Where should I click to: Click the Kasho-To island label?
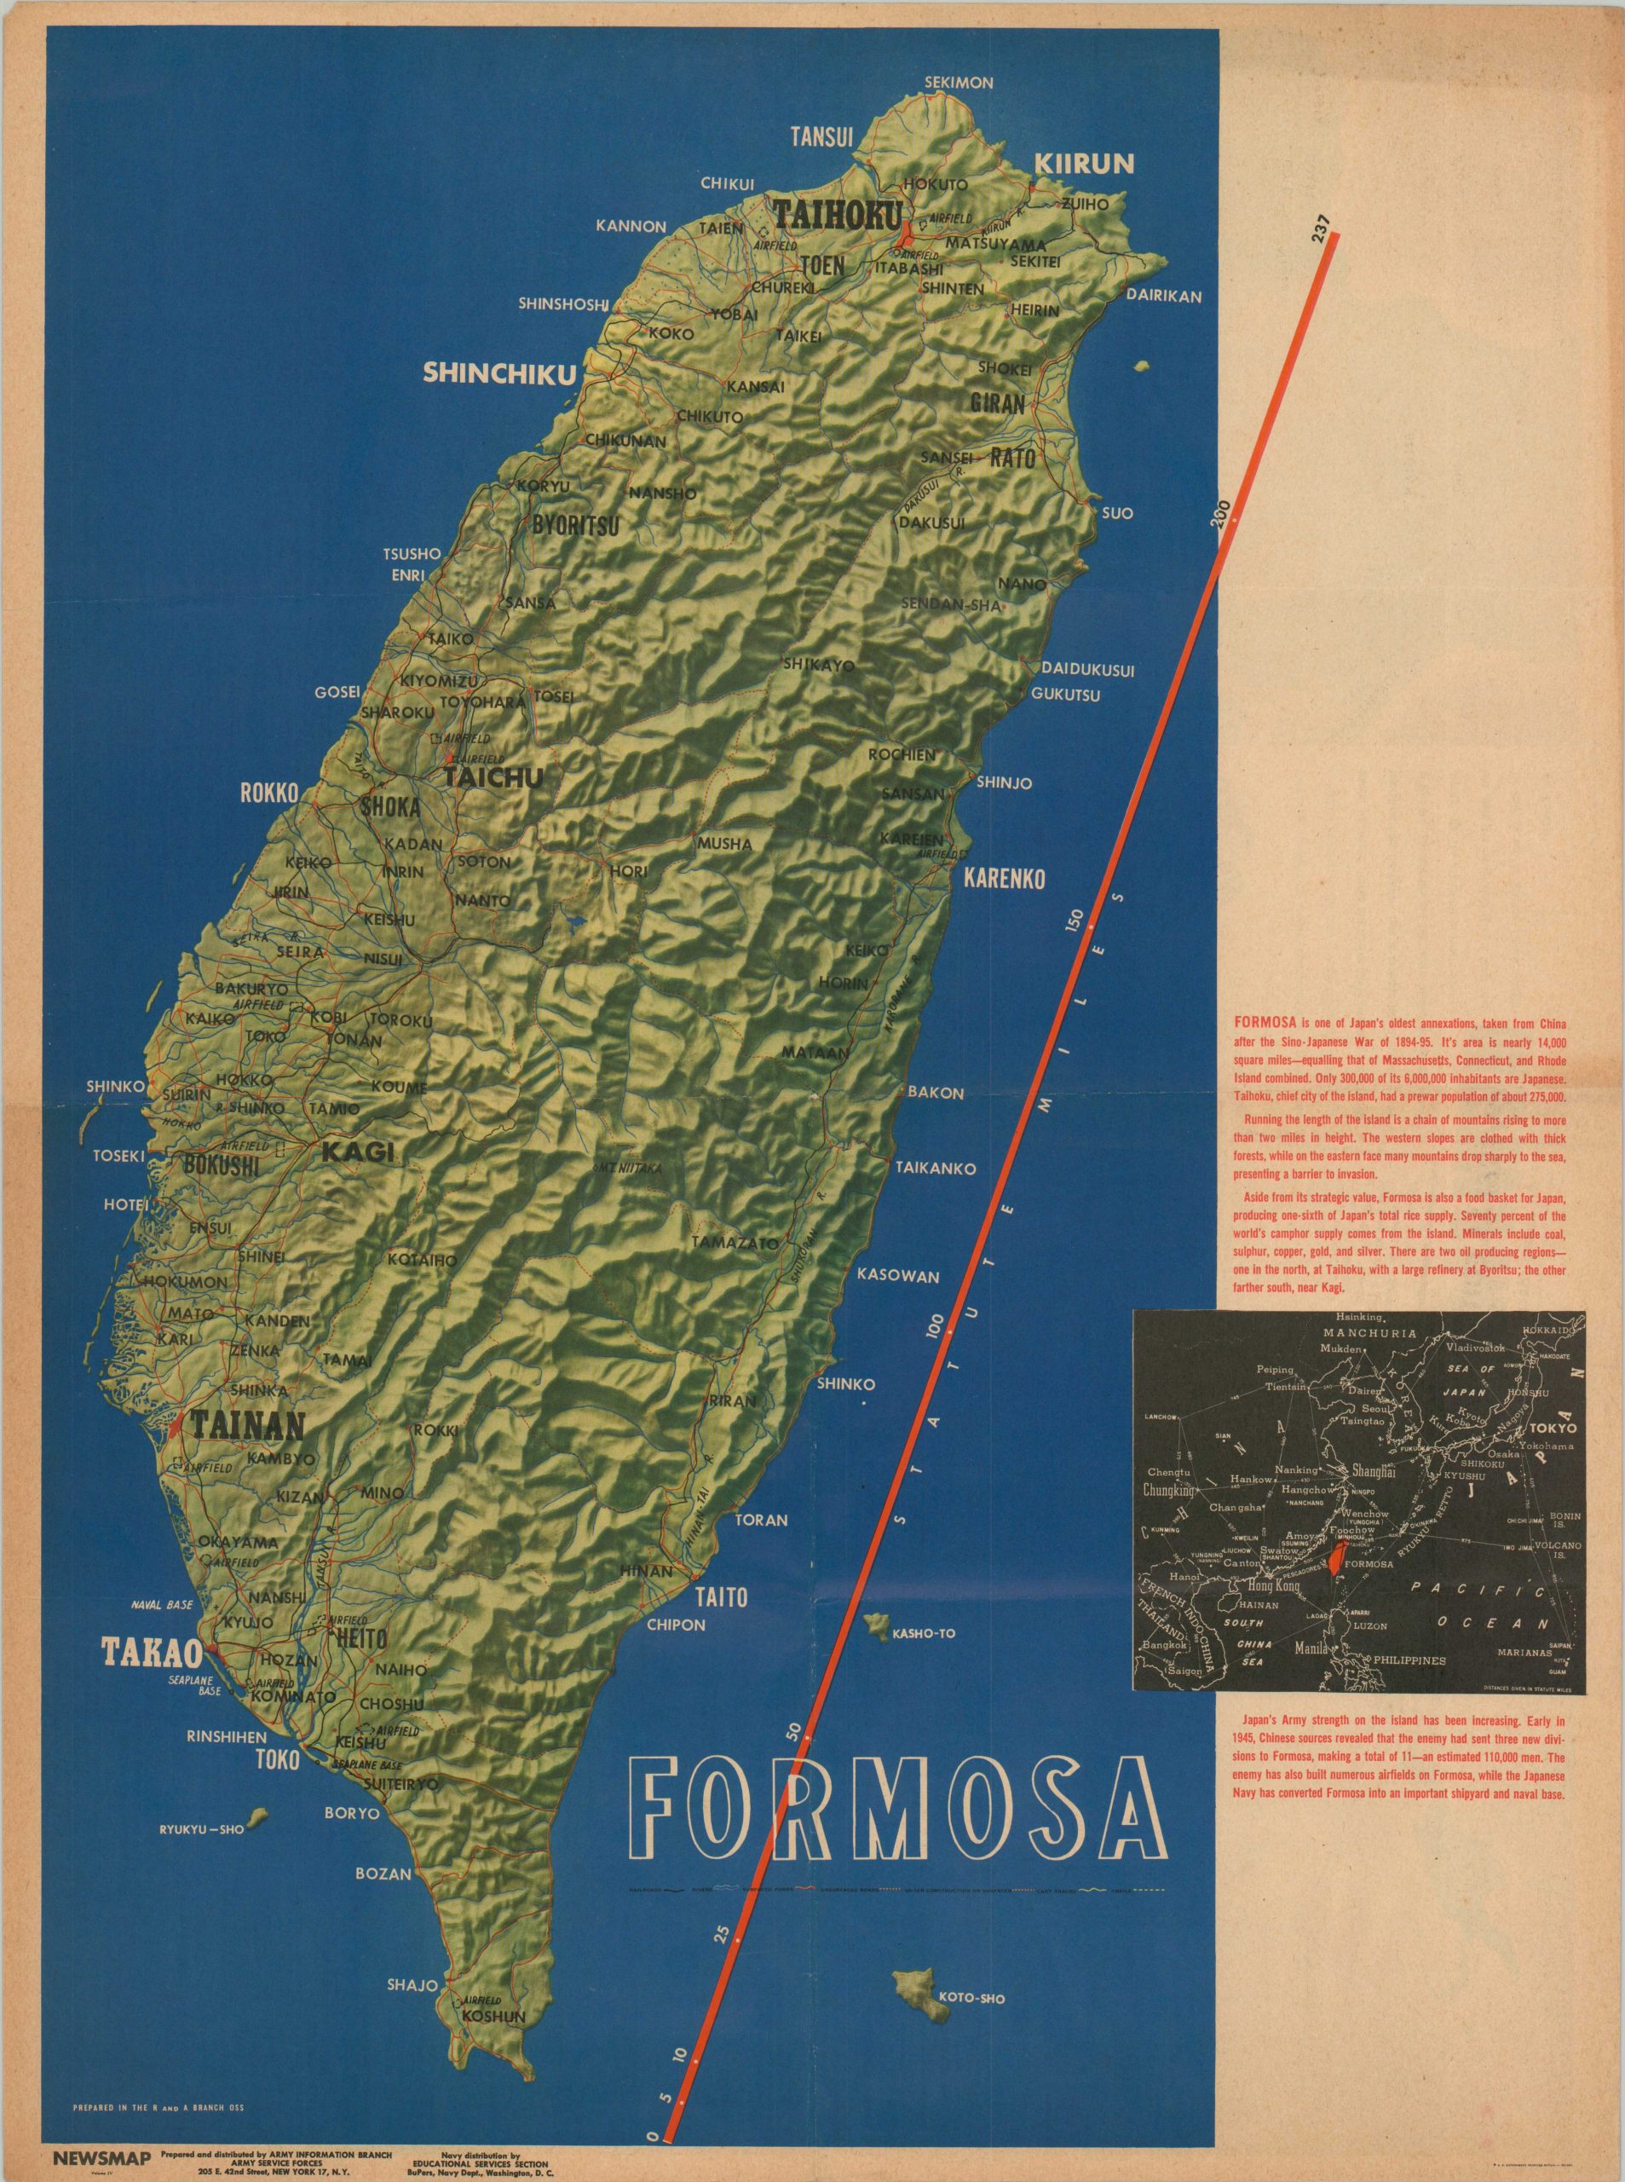(924, 1634)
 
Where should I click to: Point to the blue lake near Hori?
(573, 923)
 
